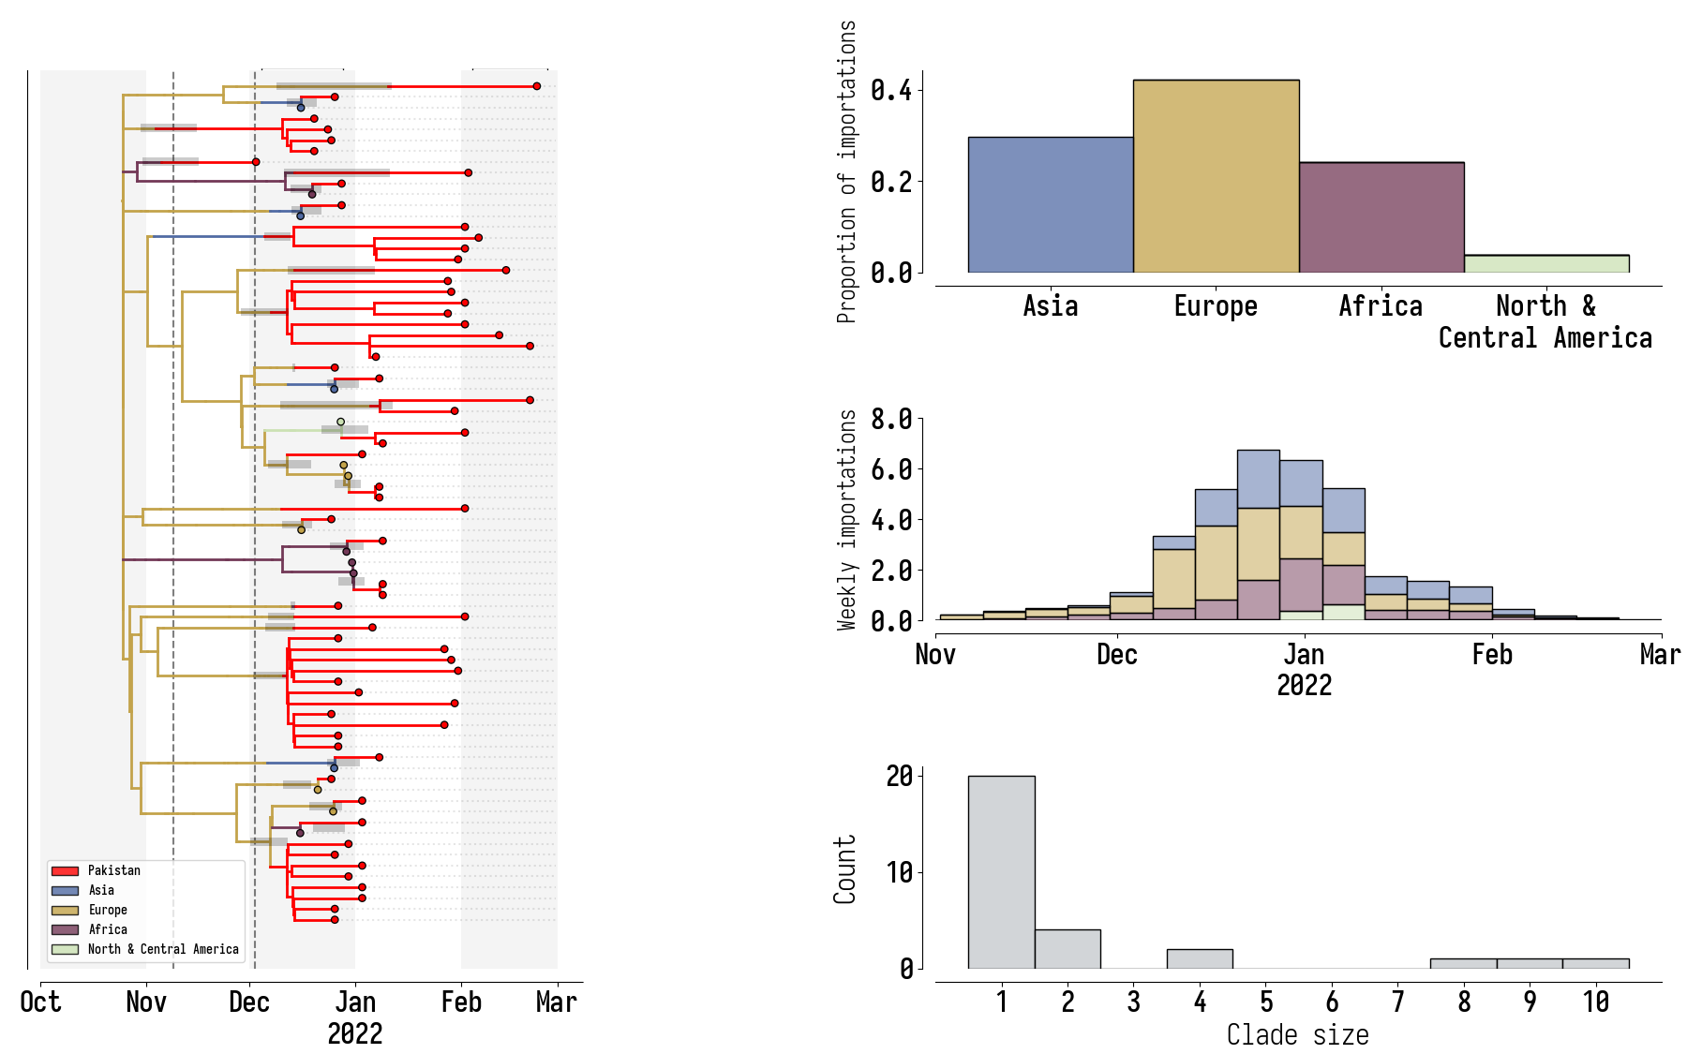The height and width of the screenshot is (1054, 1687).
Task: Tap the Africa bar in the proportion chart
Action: pos(1381,217)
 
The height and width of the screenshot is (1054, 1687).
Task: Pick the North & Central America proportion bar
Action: pos(1546,263)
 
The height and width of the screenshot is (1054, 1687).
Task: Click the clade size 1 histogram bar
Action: pos(1001,871)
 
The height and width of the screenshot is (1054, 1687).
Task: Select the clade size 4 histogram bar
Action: pos(1199,958)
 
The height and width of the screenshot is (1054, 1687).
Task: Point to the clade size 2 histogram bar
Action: pos(1067,948)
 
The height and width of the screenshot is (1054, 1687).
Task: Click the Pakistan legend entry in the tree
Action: pos(113,870)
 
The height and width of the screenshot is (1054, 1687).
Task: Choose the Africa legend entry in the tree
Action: pos(107,929)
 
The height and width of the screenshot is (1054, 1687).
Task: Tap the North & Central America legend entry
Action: pos(162,949)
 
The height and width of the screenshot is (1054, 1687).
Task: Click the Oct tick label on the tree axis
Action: pos(40,1002)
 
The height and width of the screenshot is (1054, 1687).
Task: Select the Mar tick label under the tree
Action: pos(556,1002)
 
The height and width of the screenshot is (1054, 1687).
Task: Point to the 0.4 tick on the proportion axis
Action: pos(890,90)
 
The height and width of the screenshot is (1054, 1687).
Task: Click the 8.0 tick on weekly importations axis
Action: pos(890,419)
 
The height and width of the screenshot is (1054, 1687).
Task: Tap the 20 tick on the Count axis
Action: pos(899,776)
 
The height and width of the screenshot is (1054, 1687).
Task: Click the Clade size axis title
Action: pos(1297,1035)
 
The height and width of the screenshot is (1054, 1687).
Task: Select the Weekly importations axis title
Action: pos(847,520)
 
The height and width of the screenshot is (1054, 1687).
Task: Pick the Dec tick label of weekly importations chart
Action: pos(1117,654)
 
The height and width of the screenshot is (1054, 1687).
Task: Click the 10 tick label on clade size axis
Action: pos(1596,1002)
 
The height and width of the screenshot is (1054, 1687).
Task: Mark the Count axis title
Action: pos(845,869)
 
